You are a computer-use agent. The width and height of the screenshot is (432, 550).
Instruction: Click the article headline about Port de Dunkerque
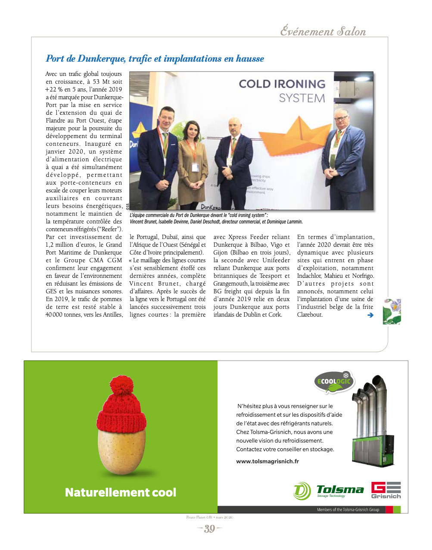point(155,59)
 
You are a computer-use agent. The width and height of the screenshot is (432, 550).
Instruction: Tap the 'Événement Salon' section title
point(323,31)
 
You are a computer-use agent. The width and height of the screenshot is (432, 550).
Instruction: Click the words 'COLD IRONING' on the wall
point(282,84)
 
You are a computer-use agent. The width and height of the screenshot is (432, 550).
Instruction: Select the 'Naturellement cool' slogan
point(121,492)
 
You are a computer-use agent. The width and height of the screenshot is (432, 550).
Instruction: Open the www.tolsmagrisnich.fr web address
point(267,461)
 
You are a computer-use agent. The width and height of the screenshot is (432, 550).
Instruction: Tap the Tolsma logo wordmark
point(340,490)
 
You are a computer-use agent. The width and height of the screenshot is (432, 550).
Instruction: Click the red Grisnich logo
point(386,490)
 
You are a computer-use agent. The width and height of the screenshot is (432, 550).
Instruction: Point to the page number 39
point(209,529)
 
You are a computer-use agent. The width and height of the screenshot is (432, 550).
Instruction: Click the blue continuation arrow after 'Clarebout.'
point(370,315)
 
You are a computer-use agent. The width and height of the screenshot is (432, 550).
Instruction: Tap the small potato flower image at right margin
point(392,311)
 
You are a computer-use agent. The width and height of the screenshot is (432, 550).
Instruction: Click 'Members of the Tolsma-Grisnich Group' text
point(348,509)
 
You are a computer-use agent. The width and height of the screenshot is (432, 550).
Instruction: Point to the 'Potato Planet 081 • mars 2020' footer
point(209,517)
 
